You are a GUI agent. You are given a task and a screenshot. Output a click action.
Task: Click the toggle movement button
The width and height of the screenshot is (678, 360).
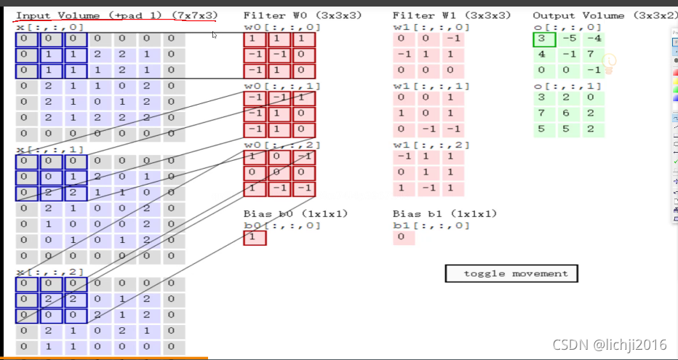coord(511,273)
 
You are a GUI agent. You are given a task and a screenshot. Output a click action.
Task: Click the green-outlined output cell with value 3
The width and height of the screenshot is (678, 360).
coord(543,39)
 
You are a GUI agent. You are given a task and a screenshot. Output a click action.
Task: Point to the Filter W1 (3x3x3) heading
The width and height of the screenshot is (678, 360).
coord(451,15)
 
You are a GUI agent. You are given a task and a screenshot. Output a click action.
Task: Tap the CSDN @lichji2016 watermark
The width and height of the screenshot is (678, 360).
coord(609,345)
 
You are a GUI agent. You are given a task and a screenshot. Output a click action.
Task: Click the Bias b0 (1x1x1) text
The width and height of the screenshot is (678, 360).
coord(295,214)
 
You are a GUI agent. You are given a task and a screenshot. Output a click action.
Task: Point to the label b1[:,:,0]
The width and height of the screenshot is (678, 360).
coord(431,225)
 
